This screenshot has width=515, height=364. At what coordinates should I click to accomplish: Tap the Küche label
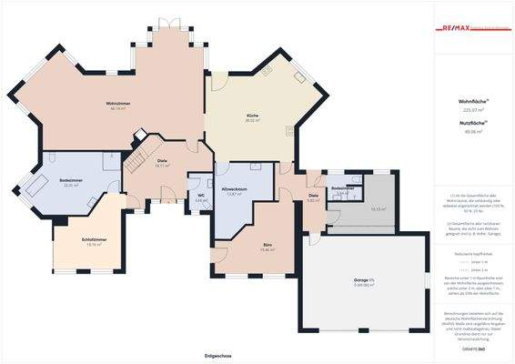pos(253,115)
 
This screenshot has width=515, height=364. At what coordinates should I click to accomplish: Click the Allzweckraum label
pos(235,188)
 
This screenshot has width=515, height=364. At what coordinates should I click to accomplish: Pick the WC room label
pos(200,195)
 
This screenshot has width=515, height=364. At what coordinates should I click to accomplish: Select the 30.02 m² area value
pos(253,120)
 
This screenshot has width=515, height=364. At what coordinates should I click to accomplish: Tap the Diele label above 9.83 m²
pos(313,195)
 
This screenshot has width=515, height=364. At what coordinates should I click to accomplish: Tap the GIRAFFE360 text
pos(472,349)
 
